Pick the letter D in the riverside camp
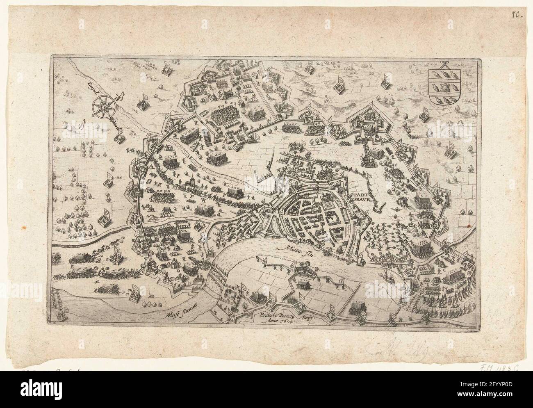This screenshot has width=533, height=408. [178, 271]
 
